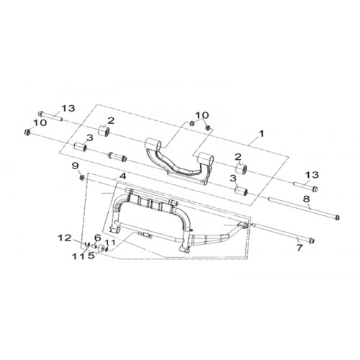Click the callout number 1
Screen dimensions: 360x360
click(x=261, y=133)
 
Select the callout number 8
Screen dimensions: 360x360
click(x=307, y=199)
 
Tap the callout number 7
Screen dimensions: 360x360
click(x=300, y=248)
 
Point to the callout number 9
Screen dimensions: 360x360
click(x=75, y=166)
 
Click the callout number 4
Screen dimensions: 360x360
click(x=122, y=176)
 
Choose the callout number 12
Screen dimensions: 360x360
click(x=65, y=238)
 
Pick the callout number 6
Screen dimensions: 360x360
click(x=97, y=238)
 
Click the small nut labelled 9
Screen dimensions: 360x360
click(x=81, y=178)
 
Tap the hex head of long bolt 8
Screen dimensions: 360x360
click(x=337, y=217)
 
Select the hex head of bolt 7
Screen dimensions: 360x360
click(x=312, y=240)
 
